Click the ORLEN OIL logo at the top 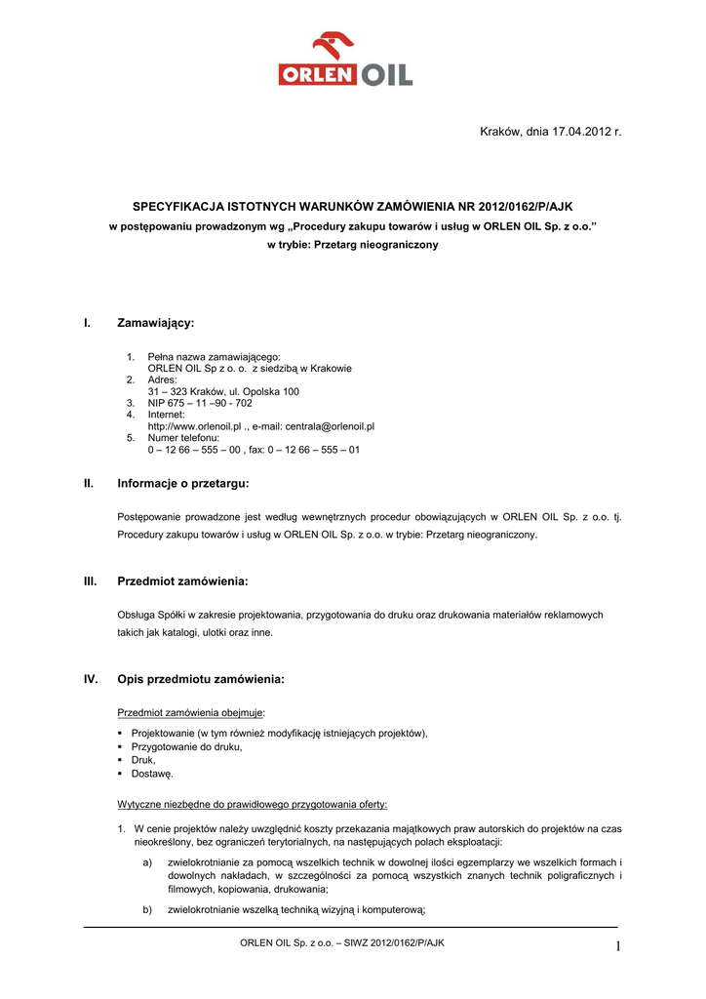tap(345, 60)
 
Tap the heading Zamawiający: tap(156, 323)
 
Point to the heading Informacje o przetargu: tap(183, 483)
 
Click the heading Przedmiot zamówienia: tap(182, 581)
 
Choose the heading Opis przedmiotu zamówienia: tap(201, 679)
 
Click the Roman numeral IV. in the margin tap(91, 679)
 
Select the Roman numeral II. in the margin tap(89, 483)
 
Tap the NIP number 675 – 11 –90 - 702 tap(200, 403)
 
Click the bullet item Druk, tap(143, 760)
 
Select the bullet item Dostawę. tap(152, 774)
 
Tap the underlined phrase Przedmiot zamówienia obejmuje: tap(190, 712)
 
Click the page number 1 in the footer tap(617, 945)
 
